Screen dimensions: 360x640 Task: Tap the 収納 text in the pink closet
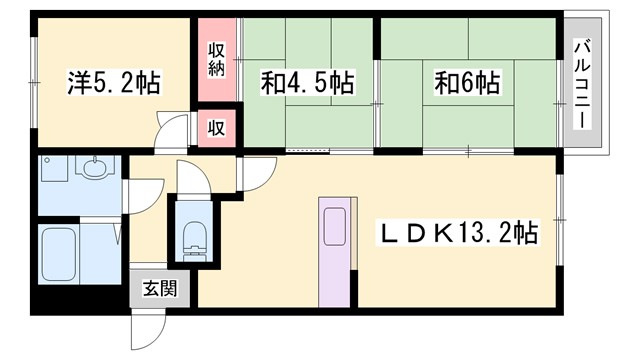[216, 59]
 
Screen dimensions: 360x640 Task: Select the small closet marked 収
[216, 127]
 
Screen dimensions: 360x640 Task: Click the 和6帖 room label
[468, 83]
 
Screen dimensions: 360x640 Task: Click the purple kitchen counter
[335, 251]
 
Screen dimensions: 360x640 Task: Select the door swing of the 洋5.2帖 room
[174, 131]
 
